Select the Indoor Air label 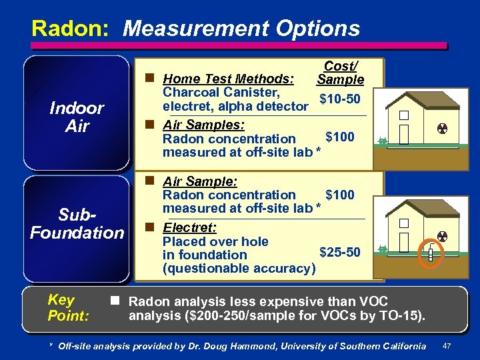pyautogui.click(x=77, y=117)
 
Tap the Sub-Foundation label pyautogui.click(x=77, y=223)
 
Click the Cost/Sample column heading pyautogui.click(x=340, y=73)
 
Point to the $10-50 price pyautogui.click(x=340, y=99)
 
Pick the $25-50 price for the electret pyautogui.click(x=340, y=252)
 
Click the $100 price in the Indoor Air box pyautogui.click(x=340, y=137)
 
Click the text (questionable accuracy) pyautogui.click(x=239, y=268)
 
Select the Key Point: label pyautogui.click(x=68, y=307)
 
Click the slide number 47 pyautogui.click(x=447, y=346)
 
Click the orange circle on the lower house pyautogui.click(x=431, y=253)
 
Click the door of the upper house pyautogui.click(x=404, y=133)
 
